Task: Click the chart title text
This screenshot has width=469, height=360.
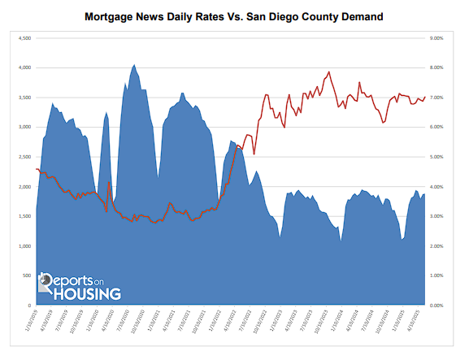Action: point(234,15)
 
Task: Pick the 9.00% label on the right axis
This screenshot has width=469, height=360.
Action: point(436,37)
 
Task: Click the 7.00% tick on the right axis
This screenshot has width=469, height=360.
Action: point(436,98)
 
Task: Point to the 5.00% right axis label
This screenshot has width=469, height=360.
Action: point(436,157)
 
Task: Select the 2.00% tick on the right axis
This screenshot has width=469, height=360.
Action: point(436,246)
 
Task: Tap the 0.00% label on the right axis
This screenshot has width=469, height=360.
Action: point(436,306)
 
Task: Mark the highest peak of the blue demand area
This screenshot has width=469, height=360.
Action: point(134,65)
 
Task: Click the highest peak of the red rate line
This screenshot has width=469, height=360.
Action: point(328,72)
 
